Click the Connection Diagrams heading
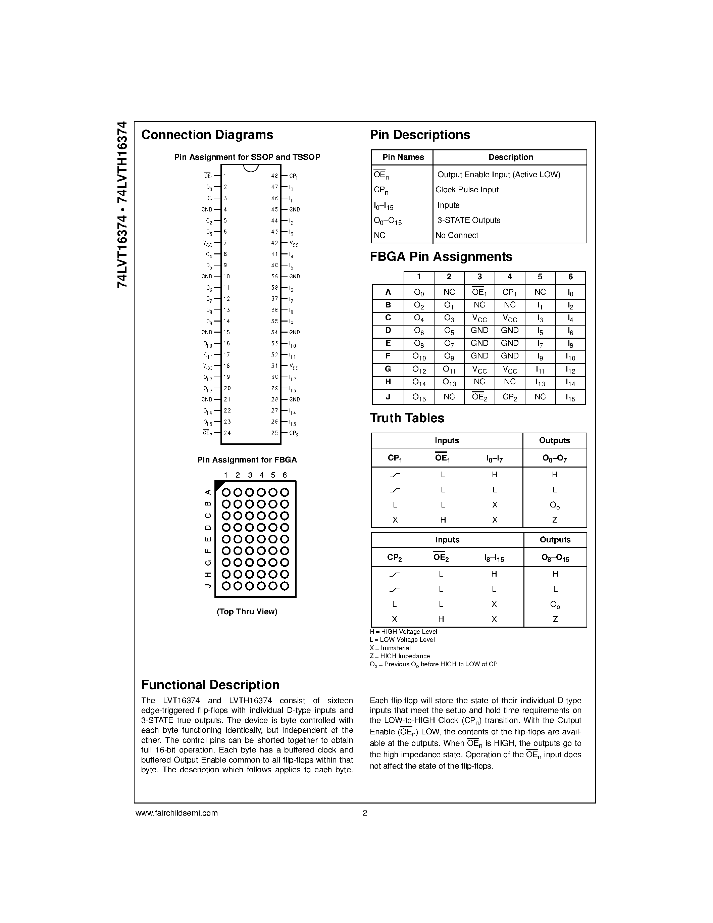click(207, 135)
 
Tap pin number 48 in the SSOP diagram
click(274, 176)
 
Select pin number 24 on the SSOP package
click(227, 433)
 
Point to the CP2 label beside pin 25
click(294, 433)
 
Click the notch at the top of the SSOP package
click(251, 168)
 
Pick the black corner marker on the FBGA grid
click(219, 485)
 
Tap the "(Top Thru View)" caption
click(247, 612)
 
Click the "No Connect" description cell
click(457, 235)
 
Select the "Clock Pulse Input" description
click(467, 190)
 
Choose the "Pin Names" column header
click(403, 157)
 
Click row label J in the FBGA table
click(388, 396)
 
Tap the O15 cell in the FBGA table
click(419, 397)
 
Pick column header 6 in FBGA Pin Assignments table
click(570, 277)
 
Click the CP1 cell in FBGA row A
click(509, 292)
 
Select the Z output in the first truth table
click(555, 520)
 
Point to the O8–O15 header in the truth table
click(555, 558)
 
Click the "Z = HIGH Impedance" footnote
click(400, 656)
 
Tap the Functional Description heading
click(210, 685)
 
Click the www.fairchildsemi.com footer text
click(176, 813)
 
